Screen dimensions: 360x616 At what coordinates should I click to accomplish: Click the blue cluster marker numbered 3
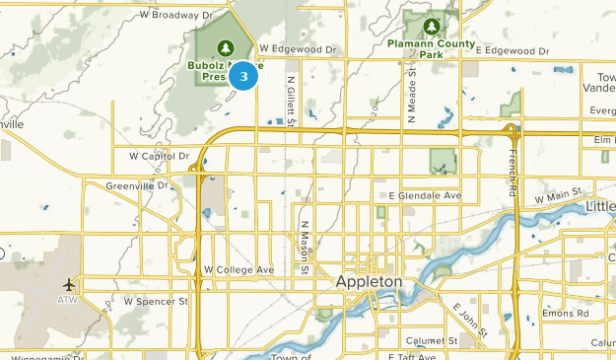coord(243,75)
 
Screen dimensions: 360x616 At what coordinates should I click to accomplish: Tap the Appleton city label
coord(370,282)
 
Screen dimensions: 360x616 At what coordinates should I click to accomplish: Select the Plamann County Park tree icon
coord(431,26)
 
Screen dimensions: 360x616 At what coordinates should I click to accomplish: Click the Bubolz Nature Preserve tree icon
coord(224,46)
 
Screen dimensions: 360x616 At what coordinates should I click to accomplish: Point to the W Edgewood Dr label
coord(297,48)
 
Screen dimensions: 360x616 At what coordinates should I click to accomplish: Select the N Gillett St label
coord(290,103)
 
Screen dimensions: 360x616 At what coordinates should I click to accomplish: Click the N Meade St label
coord(410,94)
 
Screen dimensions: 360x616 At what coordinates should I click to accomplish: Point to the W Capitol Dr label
coord(159,156)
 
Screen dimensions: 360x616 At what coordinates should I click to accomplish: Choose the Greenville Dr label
coord(138,184)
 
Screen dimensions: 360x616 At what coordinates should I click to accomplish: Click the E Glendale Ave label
coord(424,196)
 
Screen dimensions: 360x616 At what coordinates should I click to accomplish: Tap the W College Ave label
coord(239,269)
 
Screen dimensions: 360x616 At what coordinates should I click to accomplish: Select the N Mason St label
coord(306,248)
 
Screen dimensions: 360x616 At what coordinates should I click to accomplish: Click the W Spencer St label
coord(155,300)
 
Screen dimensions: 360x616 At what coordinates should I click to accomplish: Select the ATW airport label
coord(67,299)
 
